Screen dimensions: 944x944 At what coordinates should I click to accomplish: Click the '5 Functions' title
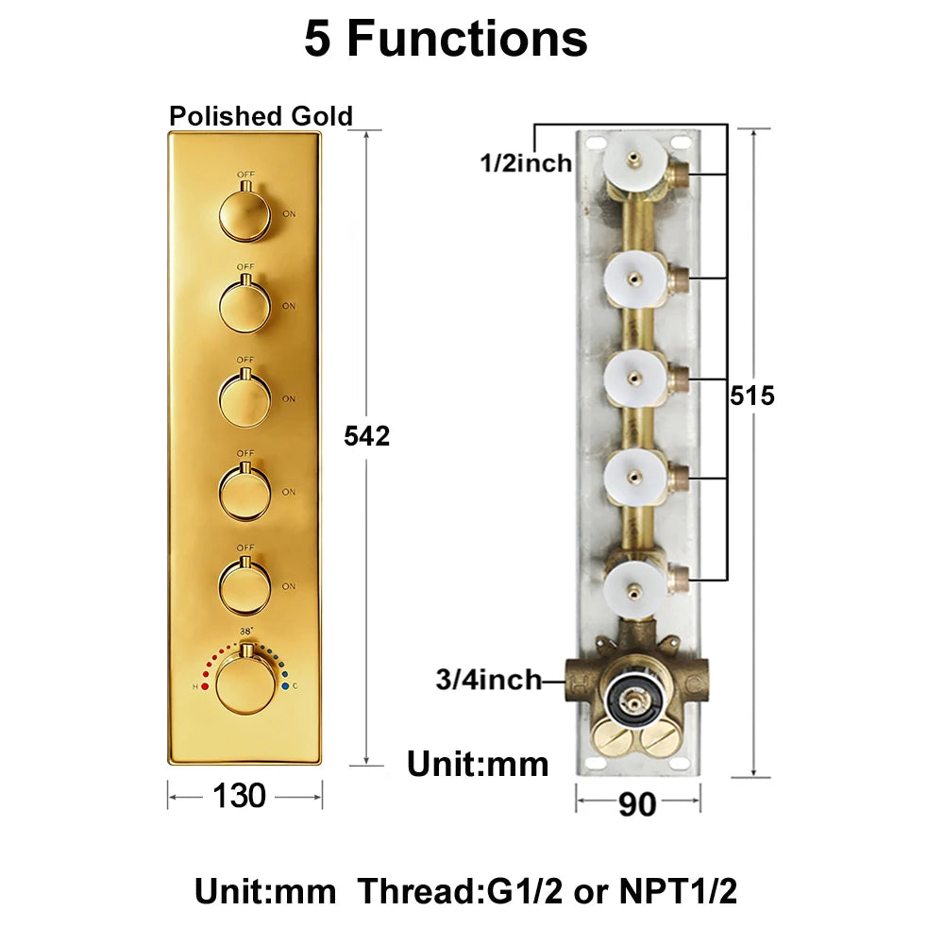[x=446, y=39]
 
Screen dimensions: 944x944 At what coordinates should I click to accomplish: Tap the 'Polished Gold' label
[x=261, y=115]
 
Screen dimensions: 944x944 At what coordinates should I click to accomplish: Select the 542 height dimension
[x=366, y=436]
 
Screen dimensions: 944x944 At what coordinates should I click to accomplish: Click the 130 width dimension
[x=239, y=795]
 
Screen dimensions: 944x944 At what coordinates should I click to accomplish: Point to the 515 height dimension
[x=752, y=396]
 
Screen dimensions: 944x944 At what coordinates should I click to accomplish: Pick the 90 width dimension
[x=637, y=803]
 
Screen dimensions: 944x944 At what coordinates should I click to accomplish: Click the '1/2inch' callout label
[x=526, y=162]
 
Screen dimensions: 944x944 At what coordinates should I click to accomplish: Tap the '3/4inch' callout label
[x=488, y=680]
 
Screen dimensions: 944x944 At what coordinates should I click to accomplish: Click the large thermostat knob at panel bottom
[x=245, y=683]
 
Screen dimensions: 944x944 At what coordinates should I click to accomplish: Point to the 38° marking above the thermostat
[x=246, y=632]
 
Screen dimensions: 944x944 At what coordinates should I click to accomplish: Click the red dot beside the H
[x=205, y=686]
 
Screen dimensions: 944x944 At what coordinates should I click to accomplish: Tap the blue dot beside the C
[x=285, y=685]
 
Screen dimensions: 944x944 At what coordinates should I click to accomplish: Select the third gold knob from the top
[x=245, y=399]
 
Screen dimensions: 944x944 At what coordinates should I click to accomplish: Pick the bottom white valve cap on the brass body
[x=635, y=592]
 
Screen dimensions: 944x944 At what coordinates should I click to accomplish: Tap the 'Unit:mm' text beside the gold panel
[x=478, y=764]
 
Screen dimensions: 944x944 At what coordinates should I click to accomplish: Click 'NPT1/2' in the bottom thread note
[x=678, y=891]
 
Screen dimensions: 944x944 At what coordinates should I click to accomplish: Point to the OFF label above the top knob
[x=245, y=174]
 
